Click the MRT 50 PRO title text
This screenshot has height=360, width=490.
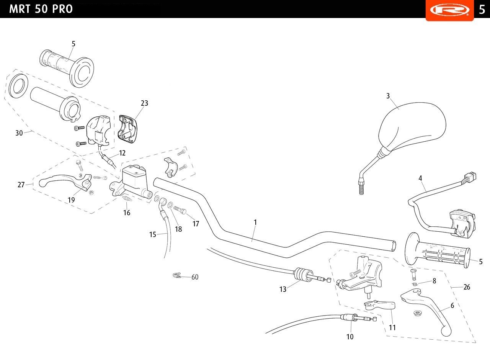point(41,9)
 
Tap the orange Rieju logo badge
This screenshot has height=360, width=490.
point(449,10)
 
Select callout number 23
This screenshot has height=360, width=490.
point(144,103)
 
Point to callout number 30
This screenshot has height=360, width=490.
point(19,133)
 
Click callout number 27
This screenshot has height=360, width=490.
point(21,185)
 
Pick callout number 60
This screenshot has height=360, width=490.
point(195,277)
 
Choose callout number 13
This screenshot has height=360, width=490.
point(283,289)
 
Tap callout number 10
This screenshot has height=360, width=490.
point(350,337)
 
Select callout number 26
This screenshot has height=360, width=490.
point(467,287)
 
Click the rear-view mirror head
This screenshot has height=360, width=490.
point(412,127)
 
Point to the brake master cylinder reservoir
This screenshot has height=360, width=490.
point(134,179)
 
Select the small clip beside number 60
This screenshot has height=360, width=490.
point(177,276)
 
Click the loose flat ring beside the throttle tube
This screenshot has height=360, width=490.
point(18,86)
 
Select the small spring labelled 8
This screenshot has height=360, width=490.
point(415,284)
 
